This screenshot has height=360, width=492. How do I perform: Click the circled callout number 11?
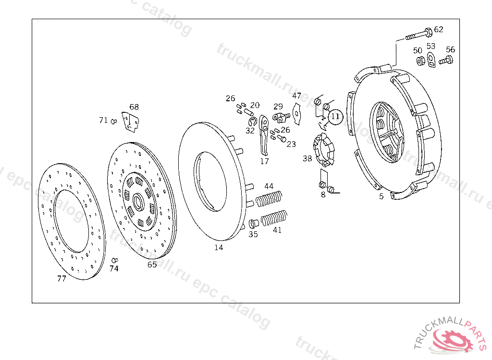point(335,116)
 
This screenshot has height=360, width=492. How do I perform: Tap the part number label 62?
point(439,29)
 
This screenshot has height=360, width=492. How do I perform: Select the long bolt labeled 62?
point(418,34)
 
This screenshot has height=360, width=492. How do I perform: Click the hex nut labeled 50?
point(420,61)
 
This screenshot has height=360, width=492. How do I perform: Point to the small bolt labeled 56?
point(446,60)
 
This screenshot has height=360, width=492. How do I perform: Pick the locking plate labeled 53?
point(431,60)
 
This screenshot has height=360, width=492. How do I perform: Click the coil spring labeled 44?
point(269,199)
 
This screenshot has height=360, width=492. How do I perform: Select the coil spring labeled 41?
point(274,218)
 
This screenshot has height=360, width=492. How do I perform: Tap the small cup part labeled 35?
point(254,224)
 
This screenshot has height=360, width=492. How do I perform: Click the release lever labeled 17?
point(264,135)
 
